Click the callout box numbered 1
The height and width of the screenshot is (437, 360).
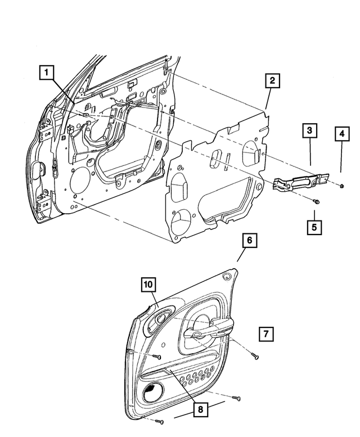tap(47, 73)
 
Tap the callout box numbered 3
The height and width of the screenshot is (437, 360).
tap(309, 131)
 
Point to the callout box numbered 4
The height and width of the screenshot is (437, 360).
tap(341, 134)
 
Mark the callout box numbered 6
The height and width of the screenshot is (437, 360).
tap(250, 241)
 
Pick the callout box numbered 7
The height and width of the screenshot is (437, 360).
tap(267, 334)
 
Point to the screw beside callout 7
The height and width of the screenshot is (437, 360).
tap(254, 355)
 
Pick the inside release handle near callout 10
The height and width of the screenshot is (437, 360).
tap(159, 318)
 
